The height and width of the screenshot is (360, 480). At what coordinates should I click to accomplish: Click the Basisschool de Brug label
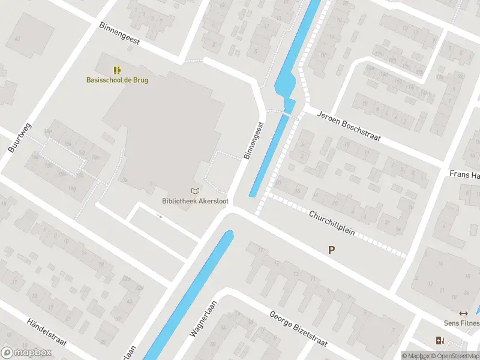[117, 80]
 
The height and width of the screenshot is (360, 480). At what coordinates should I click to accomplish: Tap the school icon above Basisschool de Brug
[117, 70]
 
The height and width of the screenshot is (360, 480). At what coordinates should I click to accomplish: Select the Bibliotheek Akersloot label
[194, 201]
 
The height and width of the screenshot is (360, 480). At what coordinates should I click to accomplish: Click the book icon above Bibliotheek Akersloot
[195, 191]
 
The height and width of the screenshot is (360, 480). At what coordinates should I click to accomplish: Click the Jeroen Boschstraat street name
[349, 126]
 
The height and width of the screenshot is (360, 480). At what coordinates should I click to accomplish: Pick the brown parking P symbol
[331, 250]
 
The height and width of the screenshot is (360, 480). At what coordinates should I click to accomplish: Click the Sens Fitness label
[461, 323]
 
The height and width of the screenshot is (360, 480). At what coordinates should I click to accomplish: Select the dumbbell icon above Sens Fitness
[463, 313]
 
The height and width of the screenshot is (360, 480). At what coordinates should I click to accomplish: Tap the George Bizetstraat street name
[298, 329]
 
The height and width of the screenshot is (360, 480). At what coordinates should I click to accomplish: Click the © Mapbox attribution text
[416, 356]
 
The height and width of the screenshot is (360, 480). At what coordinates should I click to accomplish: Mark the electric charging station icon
[440, 341]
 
